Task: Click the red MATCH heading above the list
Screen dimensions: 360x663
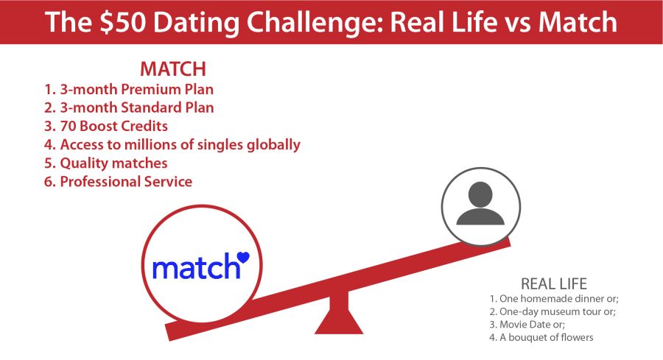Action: click(172, 70)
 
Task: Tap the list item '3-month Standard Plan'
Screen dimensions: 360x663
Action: click(130, 108)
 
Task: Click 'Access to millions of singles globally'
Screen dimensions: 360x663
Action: click(172, 144)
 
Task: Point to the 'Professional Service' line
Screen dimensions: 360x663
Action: click(119, 181)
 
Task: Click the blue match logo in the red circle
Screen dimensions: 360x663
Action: click(197, 268)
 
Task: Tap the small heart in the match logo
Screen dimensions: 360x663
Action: click(243, 257)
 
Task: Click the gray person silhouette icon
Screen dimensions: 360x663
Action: click(480, 202)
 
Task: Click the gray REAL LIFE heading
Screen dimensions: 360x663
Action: click(553, 284)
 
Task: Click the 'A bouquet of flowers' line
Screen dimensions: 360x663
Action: click(541, 338)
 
